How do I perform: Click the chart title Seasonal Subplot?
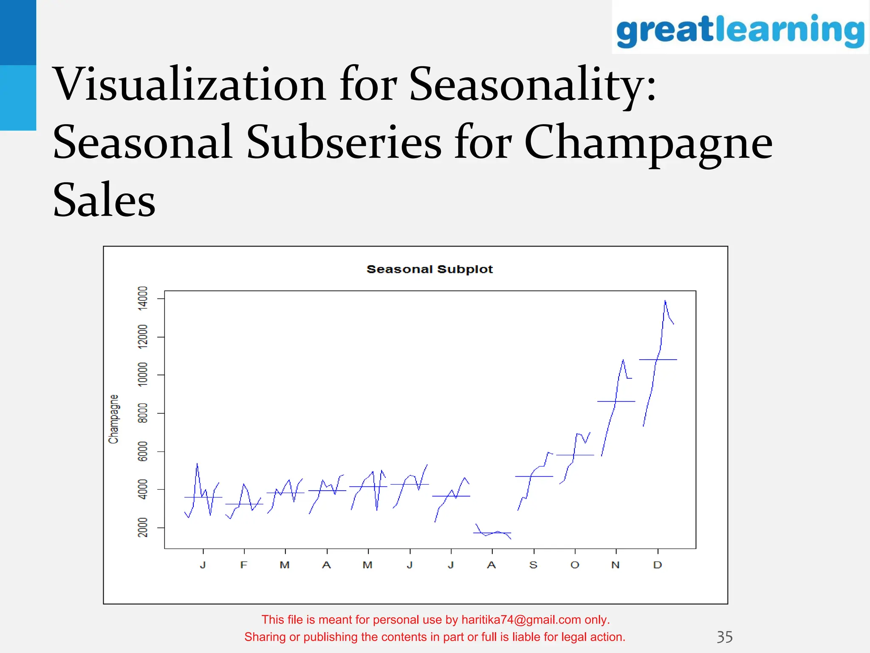(x=429, y=270)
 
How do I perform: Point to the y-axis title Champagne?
(x=113, y=419)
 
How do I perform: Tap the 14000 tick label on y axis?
(x=143, y=298)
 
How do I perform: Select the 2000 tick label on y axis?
(x=143, y=527)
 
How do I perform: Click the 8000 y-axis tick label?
(x=143, y=413)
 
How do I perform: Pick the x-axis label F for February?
(x=243, y=565)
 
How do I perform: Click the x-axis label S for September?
(x=534, y=565)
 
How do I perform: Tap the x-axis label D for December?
(x=658, y=565)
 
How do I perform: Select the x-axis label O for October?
(x=575, y=565)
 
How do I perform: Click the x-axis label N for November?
(x=616, y=565)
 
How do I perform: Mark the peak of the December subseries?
(x=665, y=301)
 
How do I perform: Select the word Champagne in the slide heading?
(x=648, y=142)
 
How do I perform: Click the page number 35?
(x=724, y=637)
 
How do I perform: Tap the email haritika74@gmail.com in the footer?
(x=521, y=620)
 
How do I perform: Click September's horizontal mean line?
(x=544, y=477)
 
